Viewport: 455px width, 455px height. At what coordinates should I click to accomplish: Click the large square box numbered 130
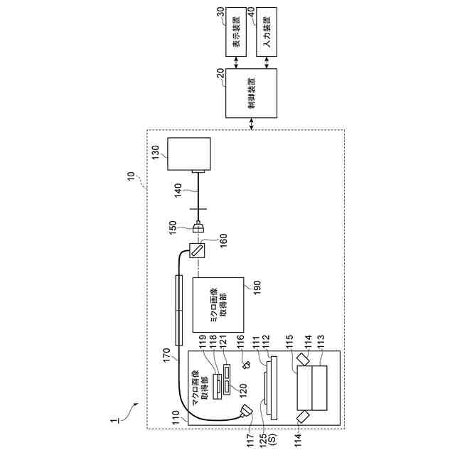click(x=188, y=154)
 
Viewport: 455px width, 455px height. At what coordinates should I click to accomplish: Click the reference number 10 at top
click(x=132, y=173)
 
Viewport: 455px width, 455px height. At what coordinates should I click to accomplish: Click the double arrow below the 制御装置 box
click(x=252, y=124)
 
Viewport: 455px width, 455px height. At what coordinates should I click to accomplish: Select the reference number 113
click(x=320, y=341)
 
